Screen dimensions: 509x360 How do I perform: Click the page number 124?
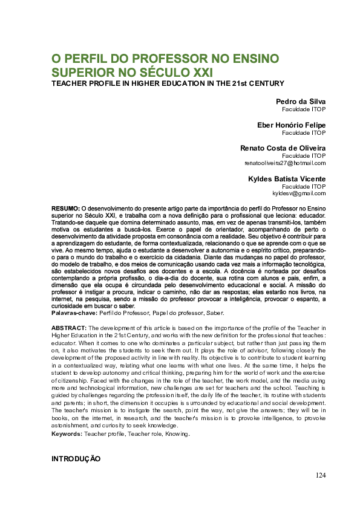pyautogui.click(x=320, y=475)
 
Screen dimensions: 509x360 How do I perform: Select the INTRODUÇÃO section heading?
pyautogui.click(x=76, y=459)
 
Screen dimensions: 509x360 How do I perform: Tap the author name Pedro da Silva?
pyautogui.click(x=301, y=102)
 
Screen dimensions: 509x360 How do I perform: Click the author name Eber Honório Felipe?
pyautogui.click(x=292, y=125)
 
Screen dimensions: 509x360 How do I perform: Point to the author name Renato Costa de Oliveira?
pyautogui.click(x=283, y=148)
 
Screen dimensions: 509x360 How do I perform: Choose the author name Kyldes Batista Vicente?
pyautogui.click(x=287, y=178)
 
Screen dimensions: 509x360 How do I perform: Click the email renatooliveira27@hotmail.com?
pyautogui.click(x=285, y=163)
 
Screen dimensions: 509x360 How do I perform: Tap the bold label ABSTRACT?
pyautogui.click(x=68, y=327)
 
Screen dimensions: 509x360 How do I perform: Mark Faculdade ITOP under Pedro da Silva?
pyautogui.click(x=304, y=109)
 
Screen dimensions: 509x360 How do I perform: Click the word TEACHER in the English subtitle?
pyautogui.click(x=68, y=83)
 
